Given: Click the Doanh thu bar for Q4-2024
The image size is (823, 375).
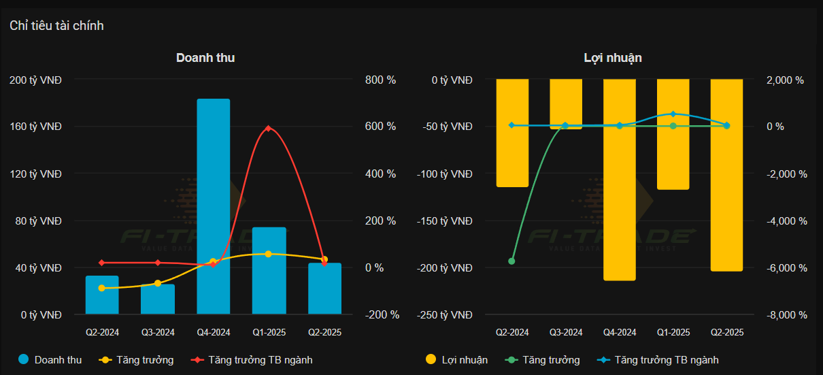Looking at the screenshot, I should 214,204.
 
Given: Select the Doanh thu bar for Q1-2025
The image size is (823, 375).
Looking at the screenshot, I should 269,272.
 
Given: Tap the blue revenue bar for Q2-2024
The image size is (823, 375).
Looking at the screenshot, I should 102,296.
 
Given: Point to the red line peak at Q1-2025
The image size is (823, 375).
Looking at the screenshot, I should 269,128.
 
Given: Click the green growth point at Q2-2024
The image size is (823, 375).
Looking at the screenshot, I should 511,261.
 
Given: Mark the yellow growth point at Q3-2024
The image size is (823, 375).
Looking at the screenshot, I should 158,283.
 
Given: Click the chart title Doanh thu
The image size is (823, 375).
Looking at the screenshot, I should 205,58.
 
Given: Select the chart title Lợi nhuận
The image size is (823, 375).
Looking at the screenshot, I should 613,58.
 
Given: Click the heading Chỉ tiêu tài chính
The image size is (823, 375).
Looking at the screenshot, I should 56,26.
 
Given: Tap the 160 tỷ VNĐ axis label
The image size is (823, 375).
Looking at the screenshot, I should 35,127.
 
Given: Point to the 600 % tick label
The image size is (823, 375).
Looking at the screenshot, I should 380,127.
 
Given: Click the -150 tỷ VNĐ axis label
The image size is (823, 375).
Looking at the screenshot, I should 446,221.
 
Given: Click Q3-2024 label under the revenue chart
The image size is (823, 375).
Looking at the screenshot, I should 158,333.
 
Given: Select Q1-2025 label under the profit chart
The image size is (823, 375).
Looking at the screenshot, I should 673,333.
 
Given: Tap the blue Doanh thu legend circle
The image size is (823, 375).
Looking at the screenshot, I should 24,360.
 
